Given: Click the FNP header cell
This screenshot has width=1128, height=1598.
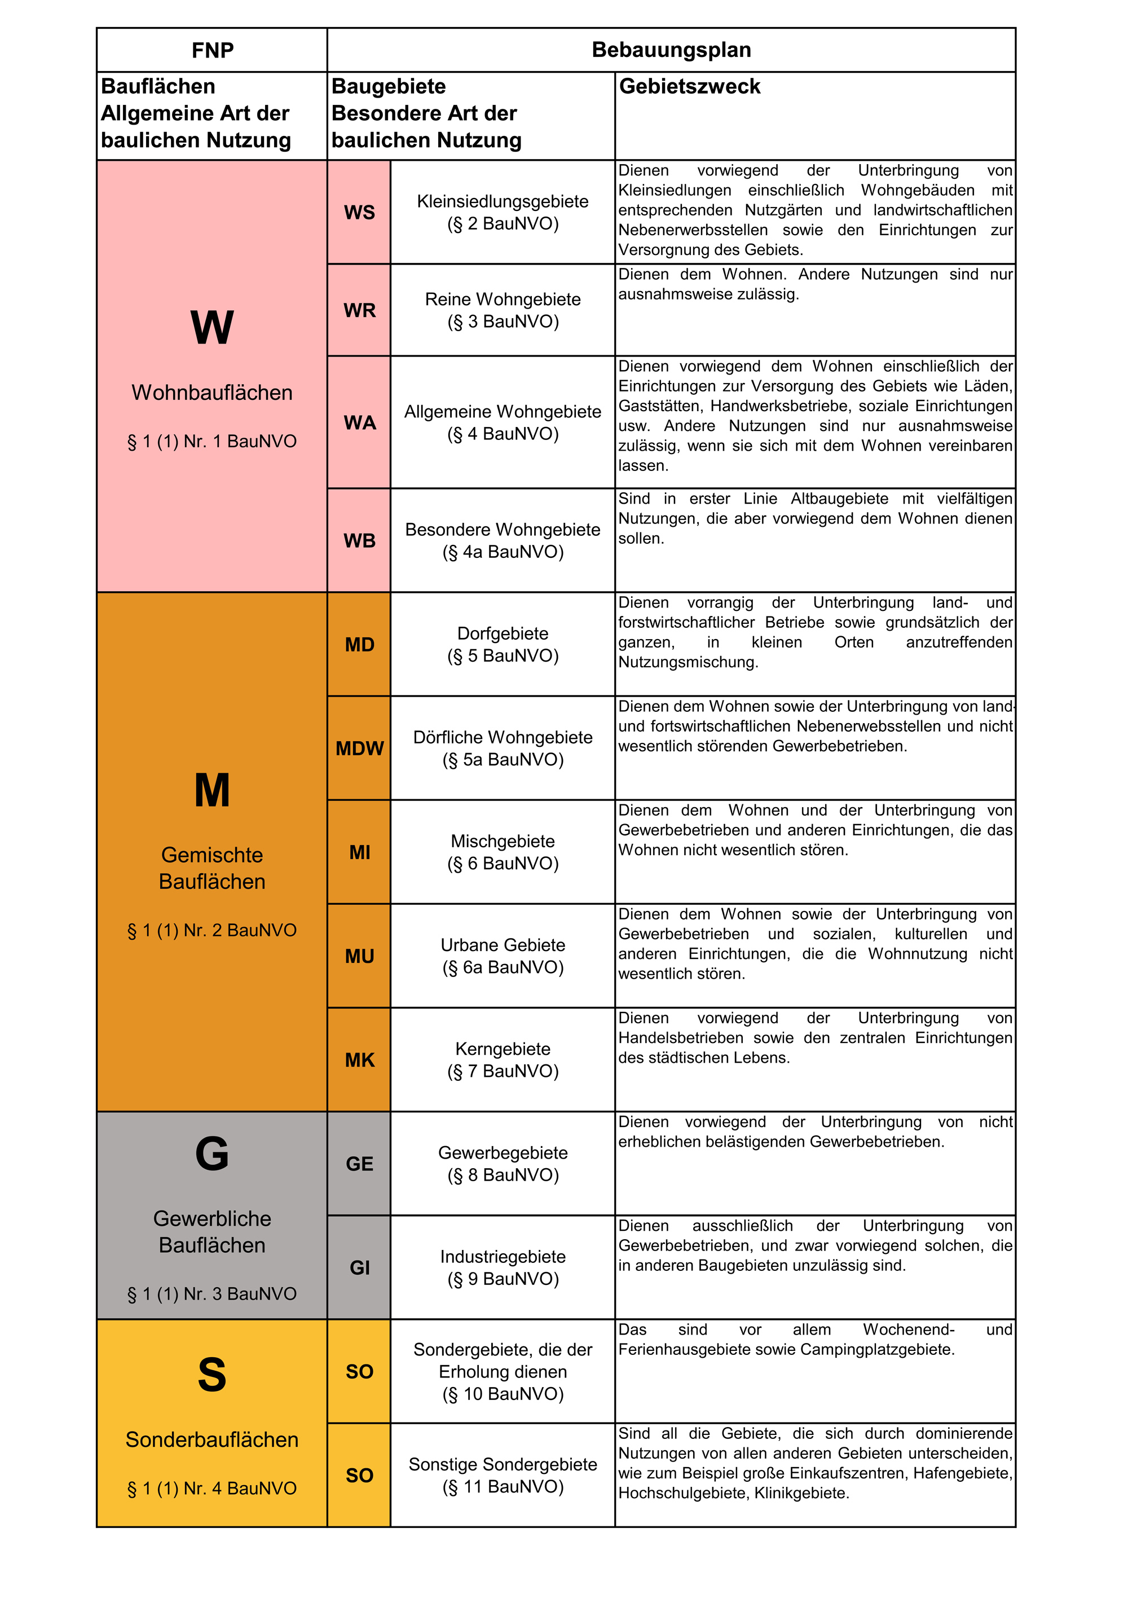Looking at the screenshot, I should (x=212, y=50).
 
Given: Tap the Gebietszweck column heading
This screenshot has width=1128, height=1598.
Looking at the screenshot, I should (x=690, y=86).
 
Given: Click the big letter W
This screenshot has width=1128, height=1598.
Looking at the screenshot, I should (x=212, y=327).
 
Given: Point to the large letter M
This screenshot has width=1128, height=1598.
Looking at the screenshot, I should (x=212, y=791).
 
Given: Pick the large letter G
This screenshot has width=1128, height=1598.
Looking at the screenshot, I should (x=212, y=1154).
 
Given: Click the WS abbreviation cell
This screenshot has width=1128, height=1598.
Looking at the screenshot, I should (x=359, y=212).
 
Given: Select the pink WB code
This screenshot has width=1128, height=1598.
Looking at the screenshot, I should (x=359, y=541).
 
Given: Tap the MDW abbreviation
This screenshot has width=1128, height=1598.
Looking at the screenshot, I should (x=359, y=748).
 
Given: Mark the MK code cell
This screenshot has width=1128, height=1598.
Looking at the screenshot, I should (x=359, y=1060).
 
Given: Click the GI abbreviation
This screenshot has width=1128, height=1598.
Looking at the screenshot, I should (x=359, y=1268).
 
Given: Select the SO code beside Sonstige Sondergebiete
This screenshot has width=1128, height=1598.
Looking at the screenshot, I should (x=359, y=1476).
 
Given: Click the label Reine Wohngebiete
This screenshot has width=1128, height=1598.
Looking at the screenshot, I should (x=503, y=300).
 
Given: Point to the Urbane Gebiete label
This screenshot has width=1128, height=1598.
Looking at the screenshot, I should (x=503, y=945).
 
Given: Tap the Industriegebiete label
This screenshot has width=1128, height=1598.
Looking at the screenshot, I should (x=503, y=1257).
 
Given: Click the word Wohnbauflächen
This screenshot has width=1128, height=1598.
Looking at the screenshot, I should (x=212, y=393).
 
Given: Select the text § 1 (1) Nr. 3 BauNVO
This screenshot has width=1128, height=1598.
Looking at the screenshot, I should (x=212, y=1294).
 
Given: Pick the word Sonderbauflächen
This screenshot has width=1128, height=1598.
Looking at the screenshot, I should (x=212, y=1439).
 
